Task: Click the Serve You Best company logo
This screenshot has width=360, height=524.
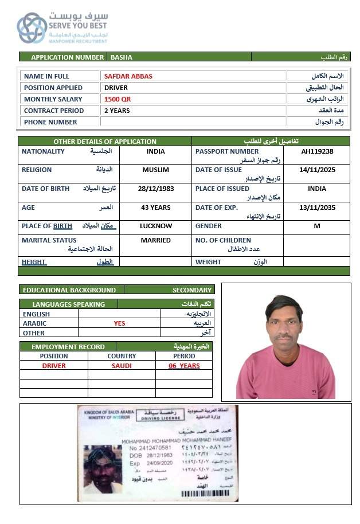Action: [x=32, y=28]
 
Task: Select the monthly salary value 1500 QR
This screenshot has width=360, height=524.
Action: [x=118, y=99]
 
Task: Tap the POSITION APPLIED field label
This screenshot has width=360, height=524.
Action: [x=53, y=88]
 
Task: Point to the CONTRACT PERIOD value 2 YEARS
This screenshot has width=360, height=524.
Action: [x=117, y=111]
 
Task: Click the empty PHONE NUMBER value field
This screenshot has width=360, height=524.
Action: [x=193, y=122]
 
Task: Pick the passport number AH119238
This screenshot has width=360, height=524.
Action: [x=317, y=151]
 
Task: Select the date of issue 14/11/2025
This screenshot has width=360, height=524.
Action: [x=317, y=170]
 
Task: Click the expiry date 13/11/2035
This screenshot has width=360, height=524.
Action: [x=317, y=208]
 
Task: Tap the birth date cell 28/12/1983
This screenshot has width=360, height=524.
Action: [x=156, y=189]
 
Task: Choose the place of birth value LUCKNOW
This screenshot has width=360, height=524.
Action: [x=156, y=226]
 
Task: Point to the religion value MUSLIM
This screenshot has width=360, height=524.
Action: [x=156, y=170]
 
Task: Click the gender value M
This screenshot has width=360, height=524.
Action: [x=317, y=226]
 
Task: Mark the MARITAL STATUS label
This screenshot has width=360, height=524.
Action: [x=49, y=240]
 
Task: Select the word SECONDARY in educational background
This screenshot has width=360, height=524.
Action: [x=193, y=290]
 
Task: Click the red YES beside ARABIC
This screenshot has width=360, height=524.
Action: [x=119, y=323]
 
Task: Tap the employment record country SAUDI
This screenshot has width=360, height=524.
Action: [x=122, y=366]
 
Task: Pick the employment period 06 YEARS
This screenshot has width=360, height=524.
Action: [x=184, y=366]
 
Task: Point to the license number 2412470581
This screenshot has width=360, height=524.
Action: [x=150, y=447]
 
